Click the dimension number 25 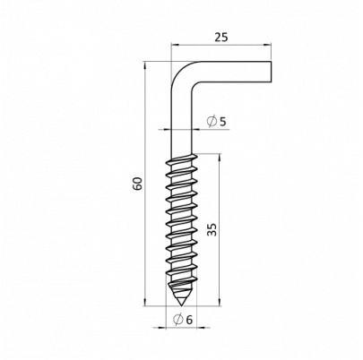(221, 38)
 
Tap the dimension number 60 (138, 184)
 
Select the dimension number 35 (212, 229)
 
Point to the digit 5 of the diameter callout (222, 122)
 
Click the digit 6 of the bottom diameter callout (189, 320)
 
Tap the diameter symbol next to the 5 (212, 122)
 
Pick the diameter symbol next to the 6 (178, 320)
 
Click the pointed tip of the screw (181, 305)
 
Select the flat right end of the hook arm (271, 72)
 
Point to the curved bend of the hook (183, 73)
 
